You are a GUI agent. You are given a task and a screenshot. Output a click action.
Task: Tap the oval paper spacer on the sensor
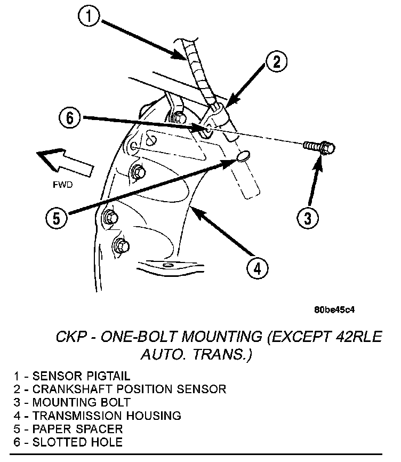(x=243, y=156)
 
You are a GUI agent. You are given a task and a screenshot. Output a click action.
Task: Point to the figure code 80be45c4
(x=334, y=309)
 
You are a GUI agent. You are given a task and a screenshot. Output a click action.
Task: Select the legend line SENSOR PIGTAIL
(x=73, y=376)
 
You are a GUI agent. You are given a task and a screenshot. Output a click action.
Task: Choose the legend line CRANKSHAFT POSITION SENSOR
(x=120, y=389)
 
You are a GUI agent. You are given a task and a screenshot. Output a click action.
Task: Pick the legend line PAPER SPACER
(x=69, y=428)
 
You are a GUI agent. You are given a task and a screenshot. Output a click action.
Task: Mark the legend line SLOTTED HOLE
(x=69, y=442)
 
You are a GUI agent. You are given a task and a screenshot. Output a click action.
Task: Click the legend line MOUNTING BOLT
(x=73, y=402)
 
